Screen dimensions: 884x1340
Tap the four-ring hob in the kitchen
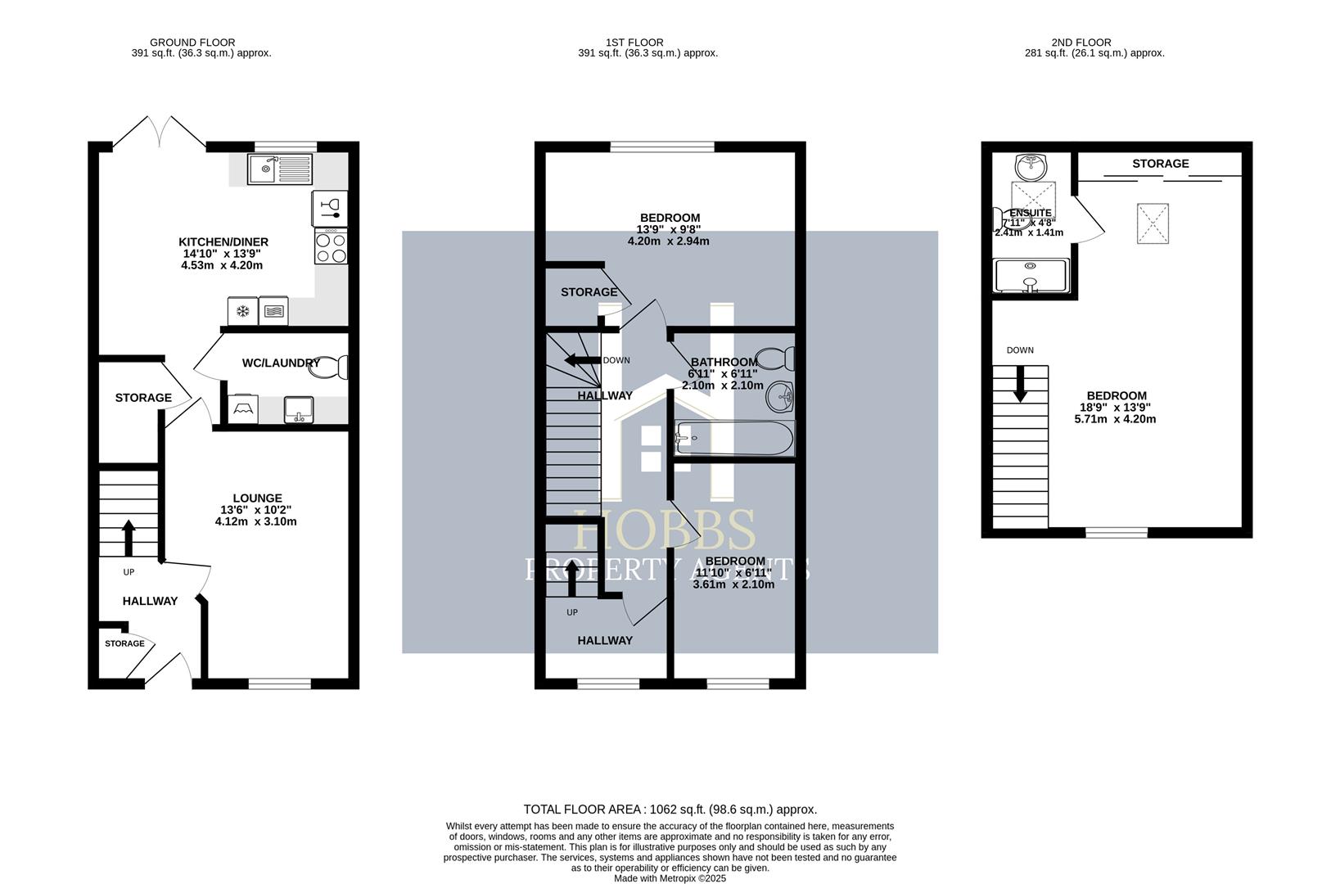point(330,246)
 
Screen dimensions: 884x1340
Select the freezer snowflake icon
point(242,311)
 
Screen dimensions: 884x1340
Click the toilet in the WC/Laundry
point(329,368)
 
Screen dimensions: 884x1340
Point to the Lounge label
point(257,498)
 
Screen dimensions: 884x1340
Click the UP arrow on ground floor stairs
point(129,537)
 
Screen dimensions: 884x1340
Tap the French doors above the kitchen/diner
point(159,132)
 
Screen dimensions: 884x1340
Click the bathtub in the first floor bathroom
point(733,439)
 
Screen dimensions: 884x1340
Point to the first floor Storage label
point(589,292)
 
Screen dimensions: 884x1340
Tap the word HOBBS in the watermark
point(664,530)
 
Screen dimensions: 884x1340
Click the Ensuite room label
point(1031,213)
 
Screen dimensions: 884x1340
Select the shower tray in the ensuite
point(1031,276)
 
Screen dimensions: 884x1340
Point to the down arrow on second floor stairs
point(1020,384)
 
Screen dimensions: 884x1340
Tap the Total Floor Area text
point(670,810)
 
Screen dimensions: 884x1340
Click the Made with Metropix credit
point(670,878)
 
